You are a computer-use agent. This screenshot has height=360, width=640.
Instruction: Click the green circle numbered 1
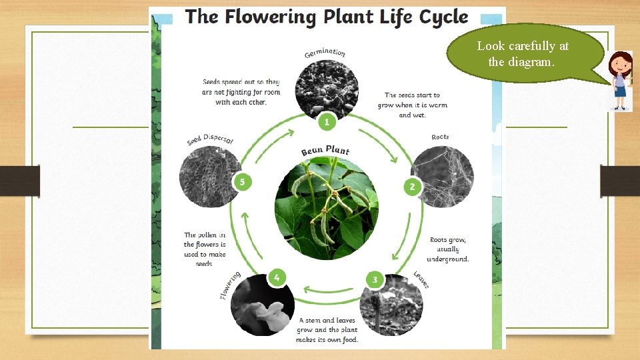coord(326,121)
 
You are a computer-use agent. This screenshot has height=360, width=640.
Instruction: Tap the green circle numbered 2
coord(412,187)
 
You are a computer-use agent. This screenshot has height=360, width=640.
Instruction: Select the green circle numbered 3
coord(375,279)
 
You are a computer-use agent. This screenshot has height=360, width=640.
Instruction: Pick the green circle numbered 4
coord(277,277)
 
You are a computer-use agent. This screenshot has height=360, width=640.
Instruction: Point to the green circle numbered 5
coord(242,181)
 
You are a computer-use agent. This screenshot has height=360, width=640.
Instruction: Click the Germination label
coord(325,53)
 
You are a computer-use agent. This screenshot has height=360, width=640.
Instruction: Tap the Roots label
coord(440,137)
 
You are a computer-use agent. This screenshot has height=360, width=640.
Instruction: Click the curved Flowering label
coord(230,285)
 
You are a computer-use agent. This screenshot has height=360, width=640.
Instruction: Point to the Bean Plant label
coord(325,151)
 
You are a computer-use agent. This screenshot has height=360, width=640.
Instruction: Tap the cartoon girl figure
coord(621,81)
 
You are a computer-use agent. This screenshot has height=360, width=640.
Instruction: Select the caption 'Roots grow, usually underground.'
coord(449,249)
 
